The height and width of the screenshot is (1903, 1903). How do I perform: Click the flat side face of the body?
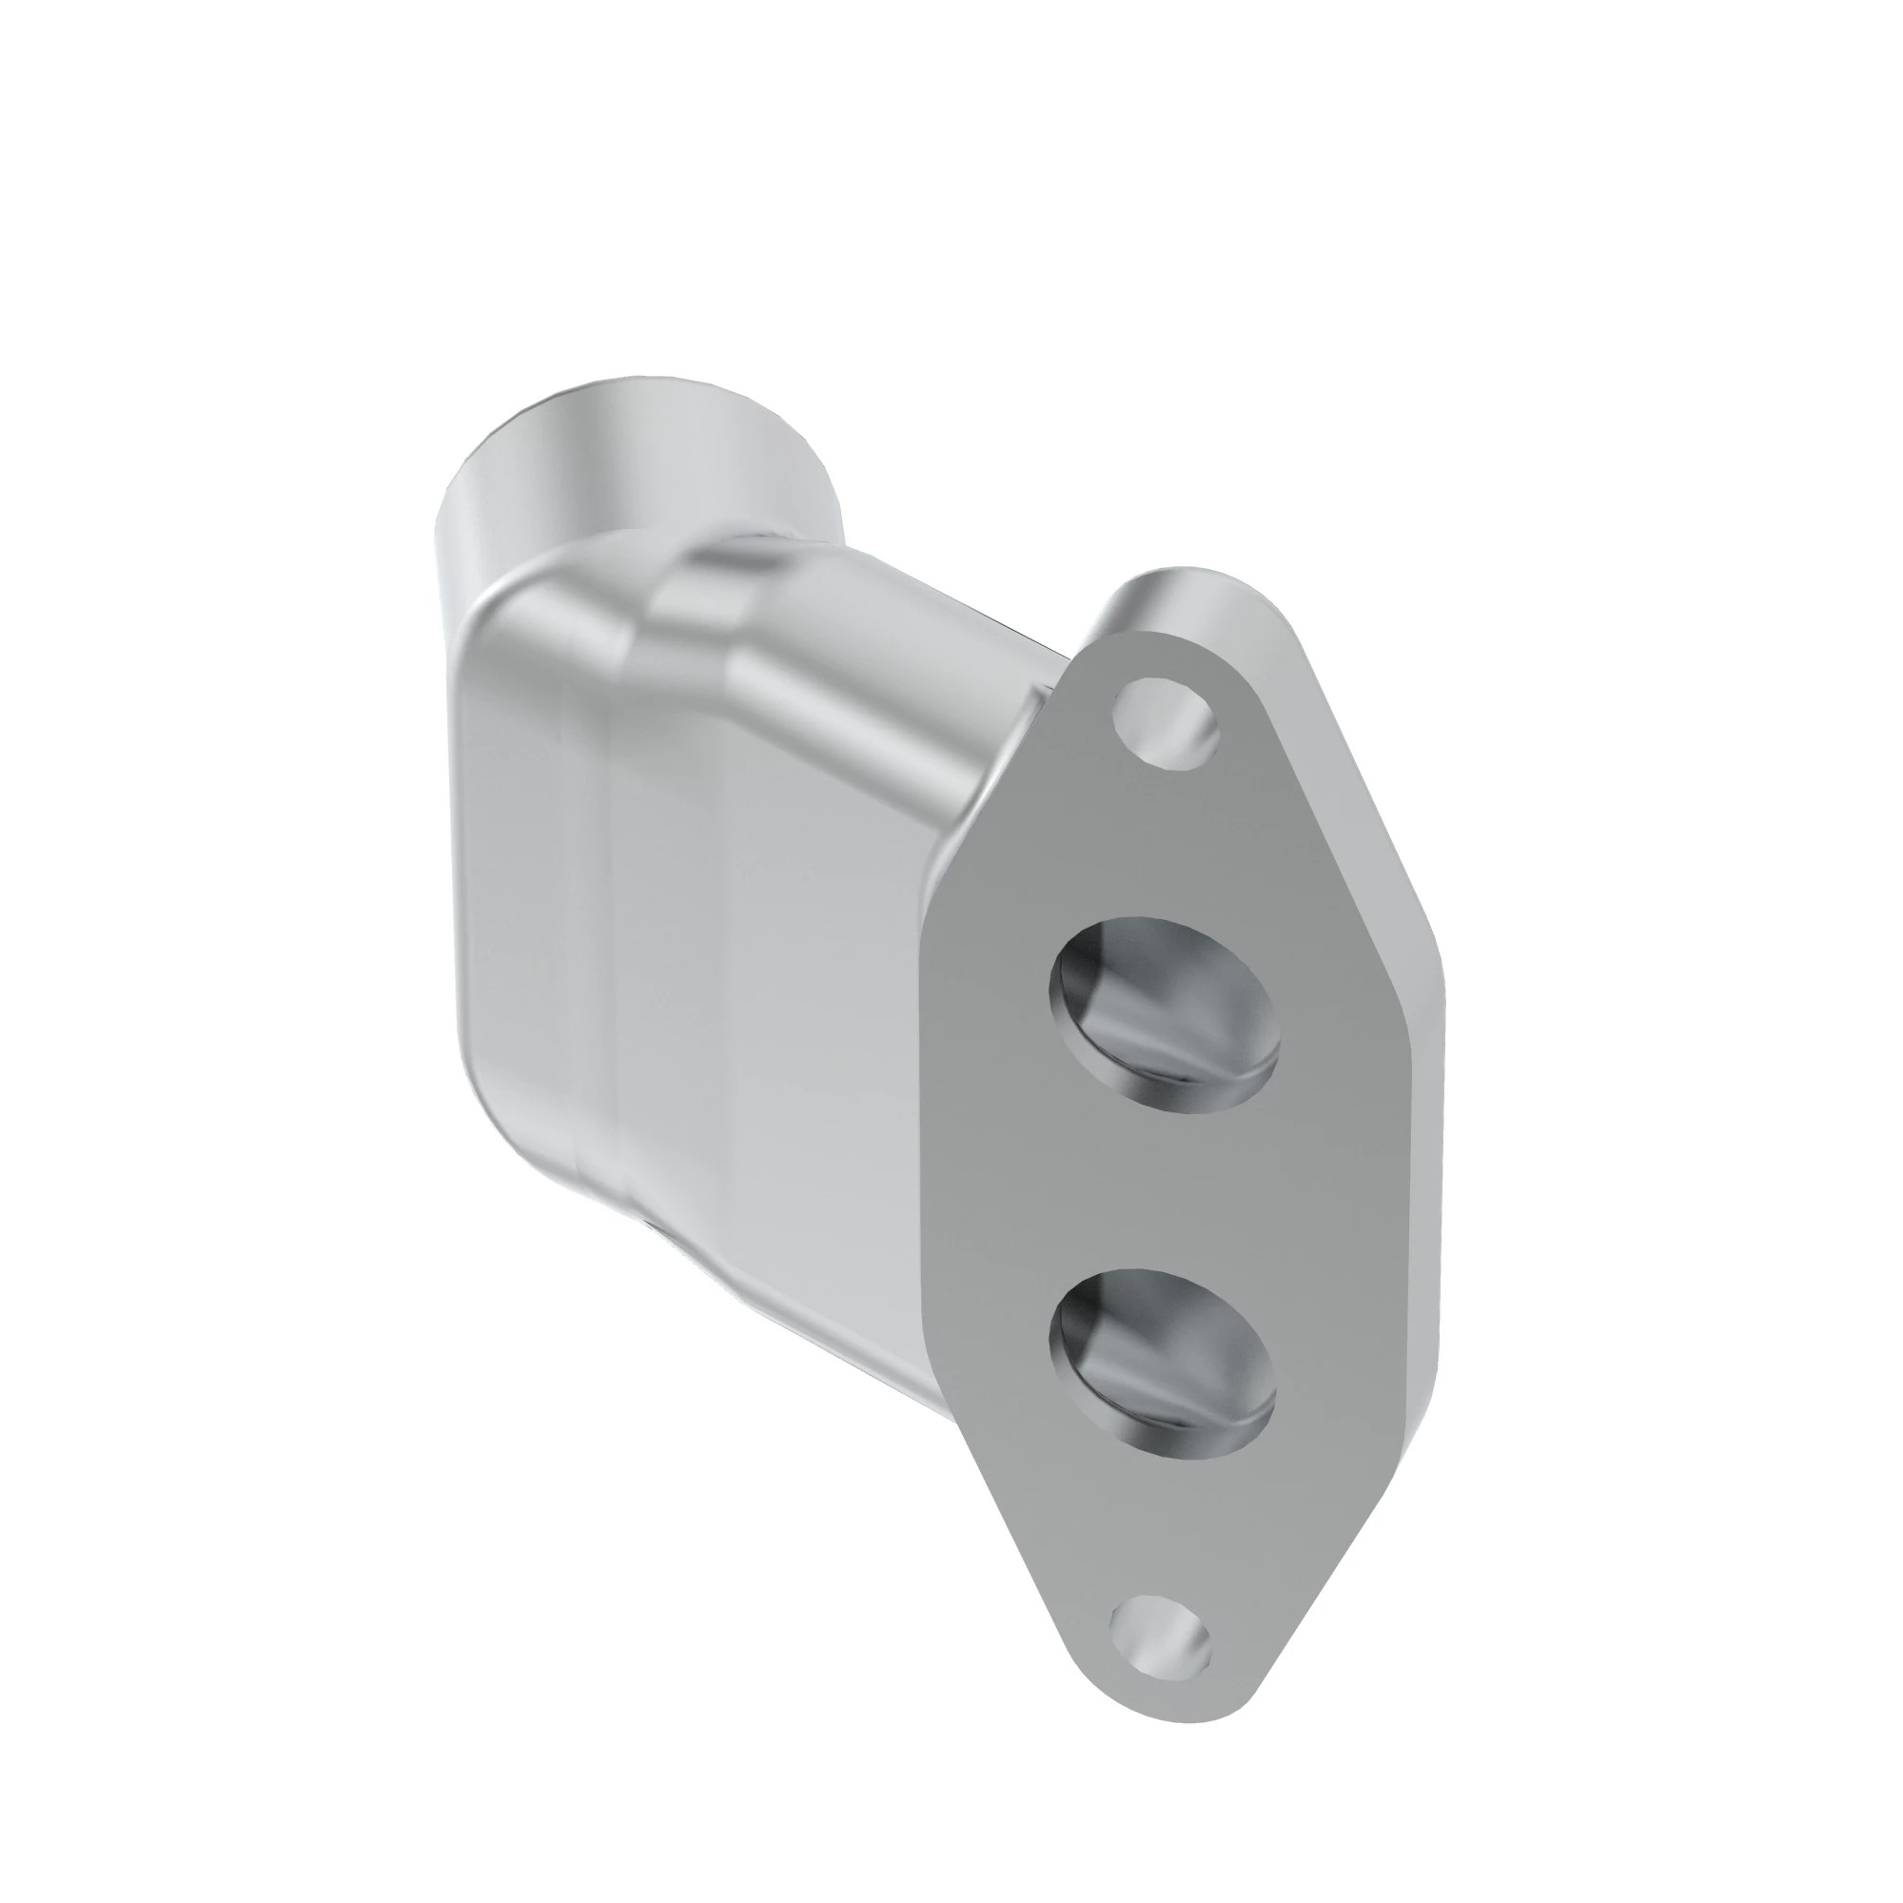pyautogui.click(x=768, y=985)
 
